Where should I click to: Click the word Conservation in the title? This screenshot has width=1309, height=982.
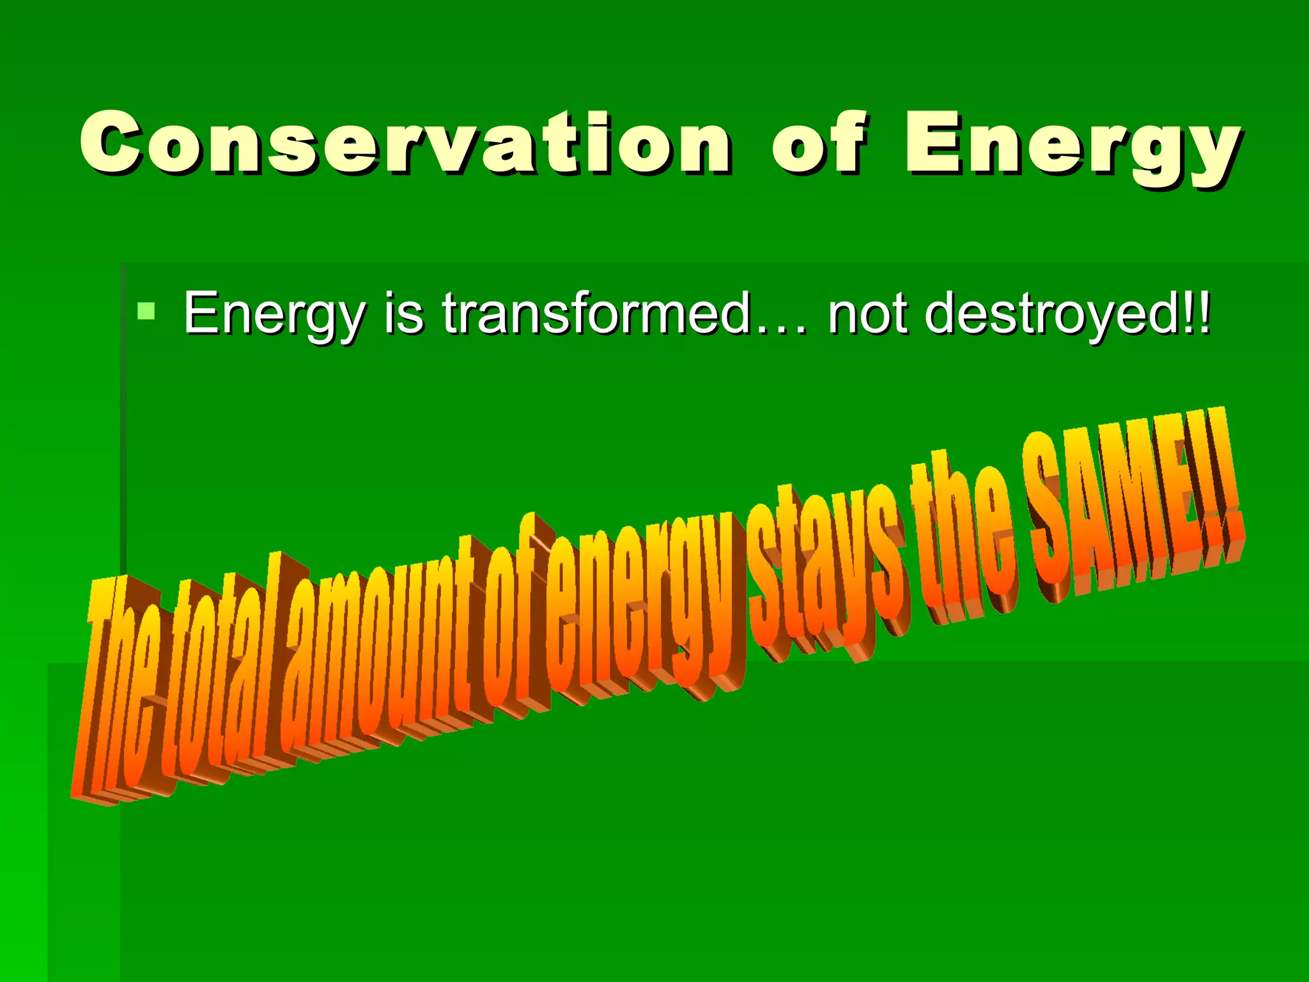click(x=405, y=143)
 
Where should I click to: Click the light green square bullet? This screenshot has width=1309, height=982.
click(x=146, y=312)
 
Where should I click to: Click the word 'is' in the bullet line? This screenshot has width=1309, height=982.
click(x=403, y=313)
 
